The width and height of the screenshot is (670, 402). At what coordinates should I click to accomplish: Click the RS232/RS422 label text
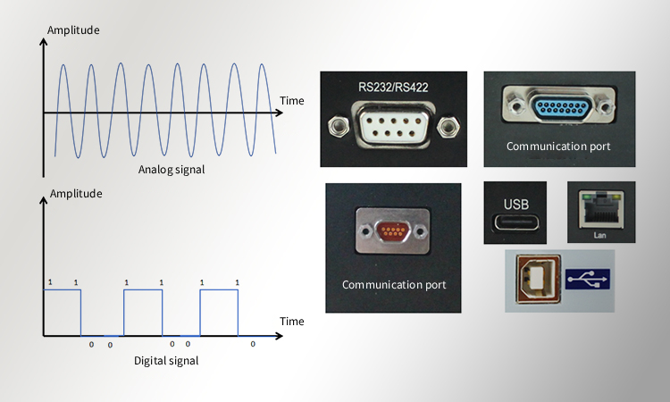point(392,87)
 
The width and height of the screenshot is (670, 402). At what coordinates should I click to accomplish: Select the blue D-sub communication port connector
point(561,107)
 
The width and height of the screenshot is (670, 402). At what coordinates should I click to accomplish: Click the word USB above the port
point(515,203)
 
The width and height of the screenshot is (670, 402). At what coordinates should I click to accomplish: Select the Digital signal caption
point(165,361)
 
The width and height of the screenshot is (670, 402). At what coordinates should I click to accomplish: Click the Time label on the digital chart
point(291,321)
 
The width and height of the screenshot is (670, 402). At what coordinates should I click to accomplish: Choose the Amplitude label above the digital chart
point(76,193)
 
